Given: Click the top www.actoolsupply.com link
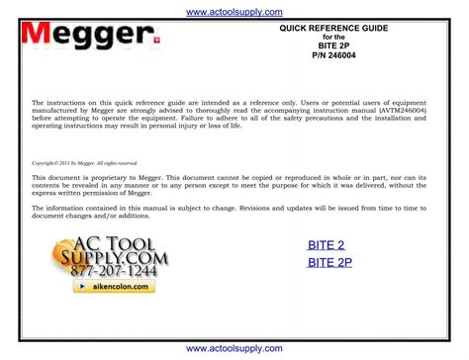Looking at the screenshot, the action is point(234,11).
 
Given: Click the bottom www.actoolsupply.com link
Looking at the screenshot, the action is point(234,349).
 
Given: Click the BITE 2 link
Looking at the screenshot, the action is point(326,245).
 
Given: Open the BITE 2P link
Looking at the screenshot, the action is point(329,262).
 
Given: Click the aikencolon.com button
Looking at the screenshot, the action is point(115,286).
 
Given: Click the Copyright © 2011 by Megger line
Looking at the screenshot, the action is point(85,163).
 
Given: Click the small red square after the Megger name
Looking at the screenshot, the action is point(154,42).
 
